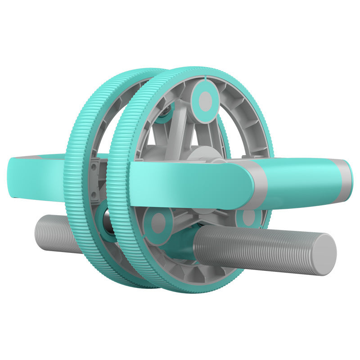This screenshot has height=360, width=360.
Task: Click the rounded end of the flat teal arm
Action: click(238, 182)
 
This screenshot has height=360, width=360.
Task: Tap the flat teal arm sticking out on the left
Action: click(36, 178)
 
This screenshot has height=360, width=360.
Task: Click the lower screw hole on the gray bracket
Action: click(94, 194)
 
